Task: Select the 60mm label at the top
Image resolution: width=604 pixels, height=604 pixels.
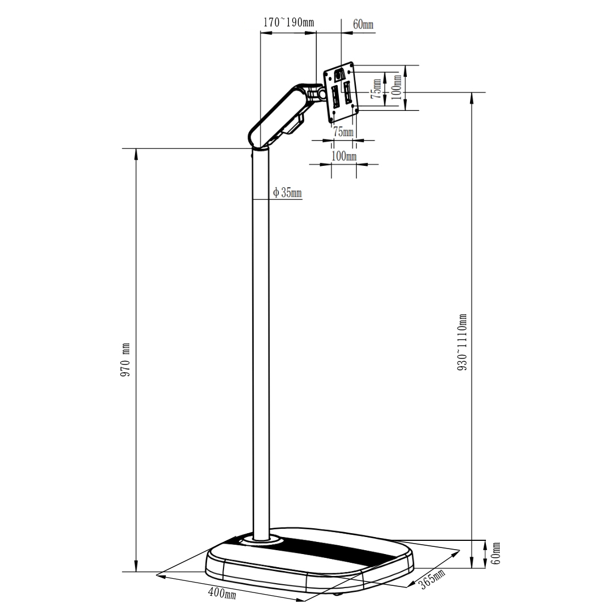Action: point(362,24)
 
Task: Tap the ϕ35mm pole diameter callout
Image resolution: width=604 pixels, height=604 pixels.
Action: point(287,193)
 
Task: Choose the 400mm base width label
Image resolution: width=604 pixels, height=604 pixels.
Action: point(222,593)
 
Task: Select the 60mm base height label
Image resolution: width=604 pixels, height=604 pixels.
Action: point(496,554)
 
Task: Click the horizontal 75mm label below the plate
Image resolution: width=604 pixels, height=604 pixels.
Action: point(344,132)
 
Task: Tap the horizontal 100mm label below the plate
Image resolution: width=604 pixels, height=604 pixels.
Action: point(344,156)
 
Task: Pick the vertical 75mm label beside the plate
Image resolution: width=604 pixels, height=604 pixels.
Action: point(377,87)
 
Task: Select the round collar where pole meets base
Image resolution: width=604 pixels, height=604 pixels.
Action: point(261,541)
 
